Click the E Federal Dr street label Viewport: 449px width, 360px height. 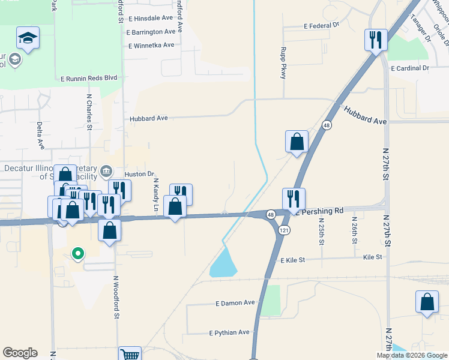coord(321,26)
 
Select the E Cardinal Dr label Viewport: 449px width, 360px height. coord(410,68)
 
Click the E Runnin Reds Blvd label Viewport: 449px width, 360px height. coord(88,78)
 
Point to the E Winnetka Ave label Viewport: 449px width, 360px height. coord(151,45)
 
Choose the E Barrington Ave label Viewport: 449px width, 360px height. coord(151,32)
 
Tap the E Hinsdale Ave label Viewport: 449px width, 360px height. coord(151,19)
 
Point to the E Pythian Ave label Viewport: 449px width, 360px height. coord(229,332)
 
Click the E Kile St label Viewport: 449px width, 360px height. coord(293,260)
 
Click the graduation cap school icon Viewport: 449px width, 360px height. coord(28,38)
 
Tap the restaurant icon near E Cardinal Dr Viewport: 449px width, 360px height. coord(375,41)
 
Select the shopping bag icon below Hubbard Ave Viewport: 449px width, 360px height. coord(297,142)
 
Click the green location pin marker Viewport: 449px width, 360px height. coord(77,254)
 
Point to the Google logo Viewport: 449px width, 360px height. coord(20,353)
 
